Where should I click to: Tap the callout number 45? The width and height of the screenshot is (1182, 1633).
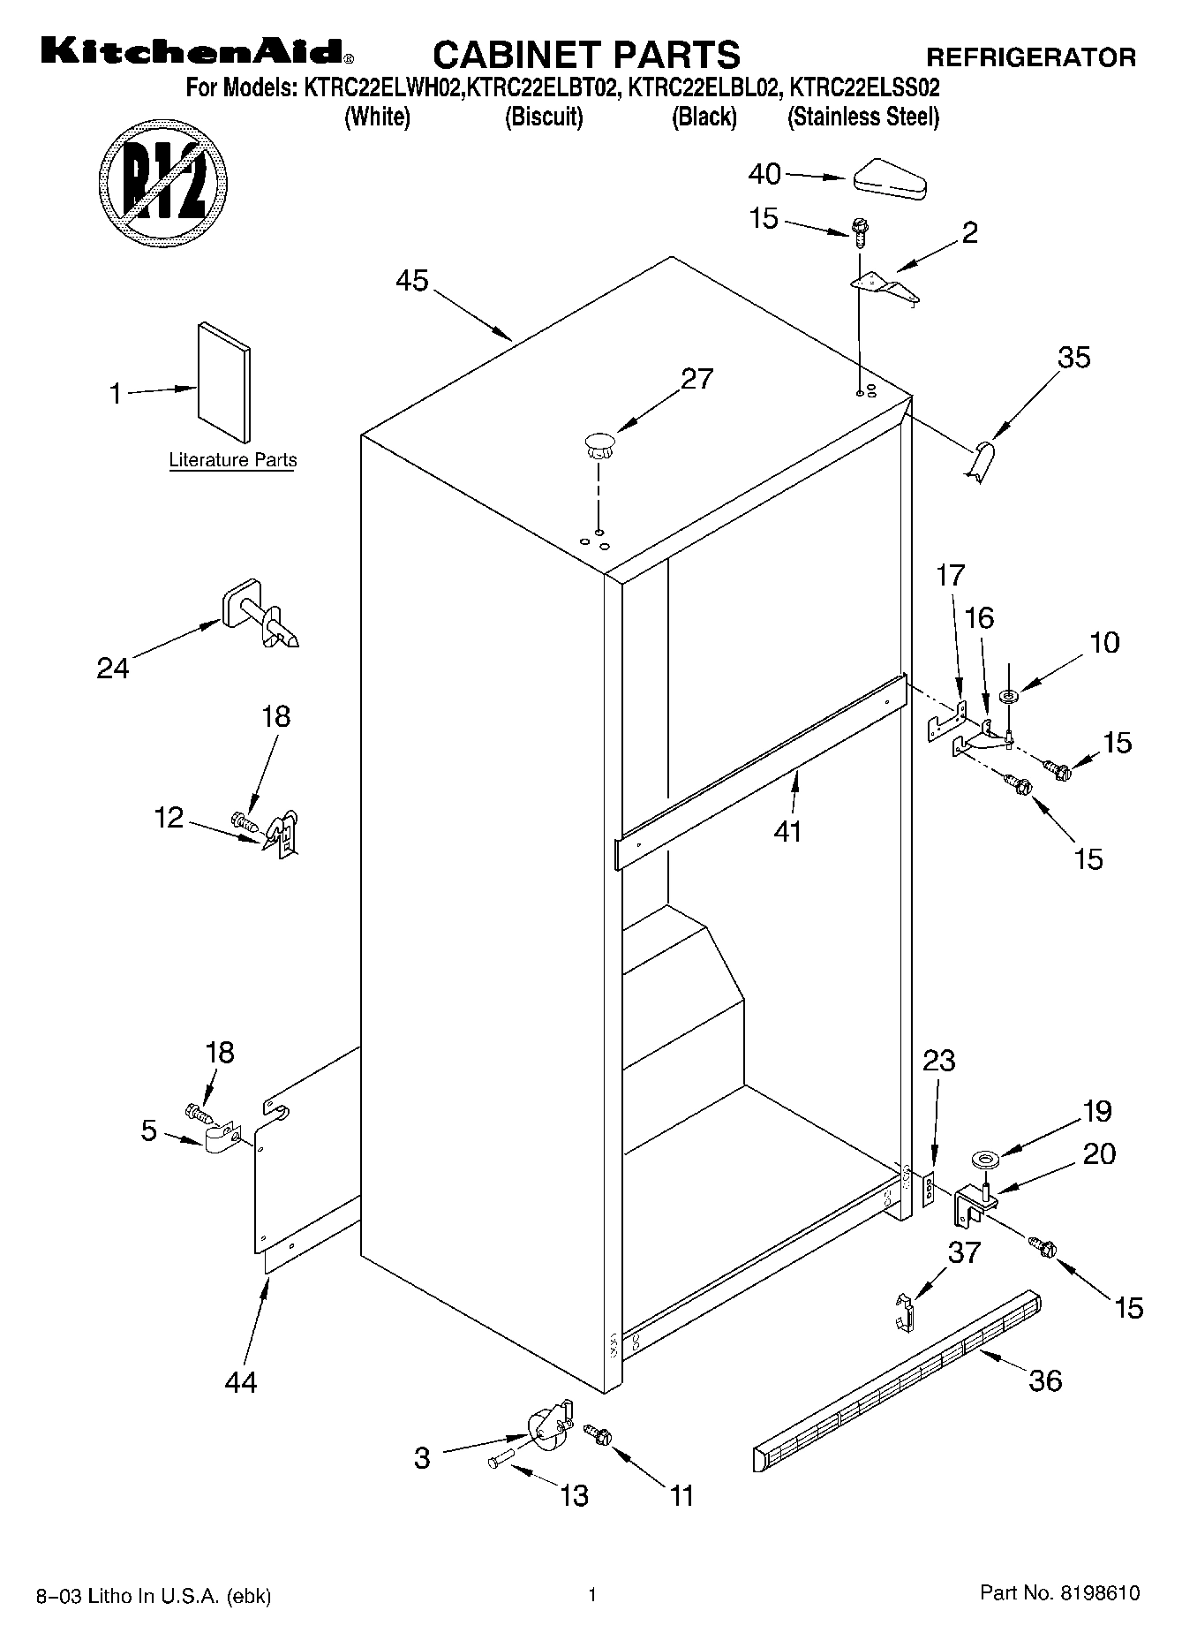coord(411,281)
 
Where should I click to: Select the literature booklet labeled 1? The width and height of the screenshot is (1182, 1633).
coord(224,381)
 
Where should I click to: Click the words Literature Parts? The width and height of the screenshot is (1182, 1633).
coord(232,460)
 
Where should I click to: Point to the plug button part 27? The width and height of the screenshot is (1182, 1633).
coord(599,443)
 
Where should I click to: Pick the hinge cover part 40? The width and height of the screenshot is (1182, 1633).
coord(888,179)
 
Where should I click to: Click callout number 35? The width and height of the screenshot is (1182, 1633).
coord(1074,358)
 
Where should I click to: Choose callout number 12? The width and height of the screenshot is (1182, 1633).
coord(169,818)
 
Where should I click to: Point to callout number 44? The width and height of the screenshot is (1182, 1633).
coord(240,1381)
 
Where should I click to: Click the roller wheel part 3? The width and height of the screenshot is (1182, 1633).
coord(548,1429)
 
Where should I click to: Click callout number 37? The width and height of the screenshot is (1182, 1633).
coord(964,1251)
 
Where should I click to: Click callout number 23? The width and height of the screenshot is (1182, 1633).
coord(938,1060)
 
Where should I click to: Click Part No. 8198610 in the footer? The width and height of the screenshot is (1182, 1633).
coord(1059,1593)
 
